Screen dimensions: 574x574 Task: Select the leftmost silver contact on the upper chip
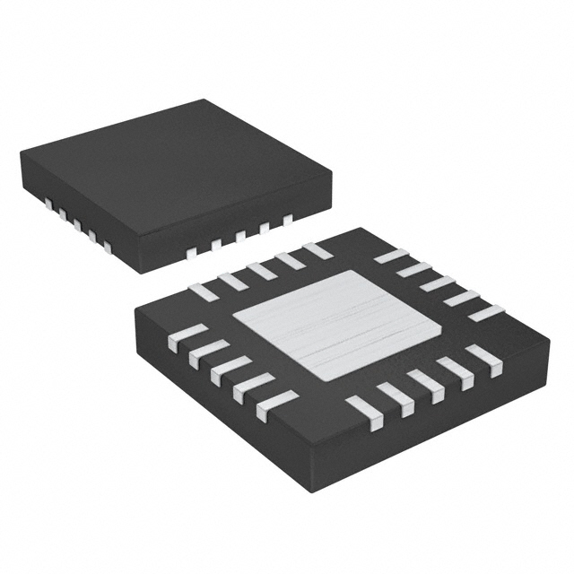click(x=51, y=204)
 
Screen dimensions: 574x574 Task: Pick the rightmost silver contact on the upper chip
click(x=288, y=218)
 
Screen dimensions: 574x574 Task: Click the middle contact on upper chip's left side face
click(x=77, y=223)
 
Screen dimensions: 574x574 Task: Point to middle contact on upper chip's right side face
click(x=240, y=236)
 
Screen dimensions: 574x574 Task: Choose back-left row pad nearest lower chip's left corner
click(x=201, y=289)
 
